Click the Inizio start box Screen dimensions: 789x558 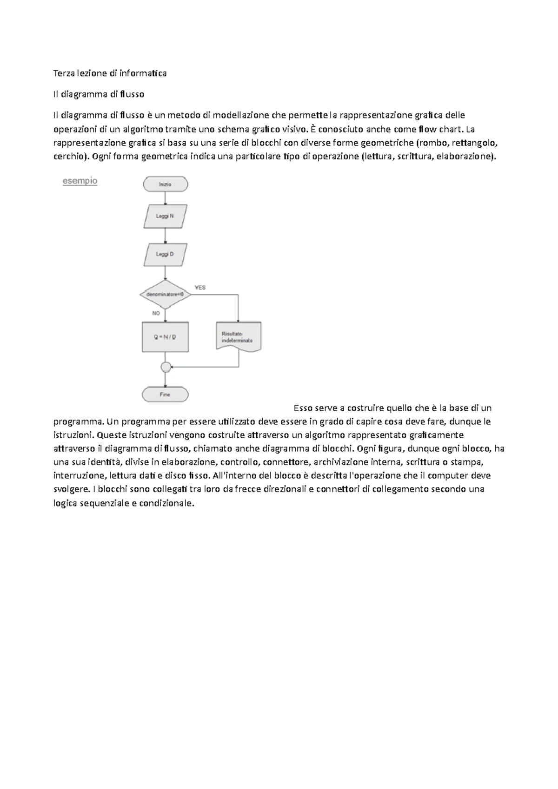point(165,184)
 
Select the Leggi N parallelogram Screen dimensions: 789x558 point(165,216)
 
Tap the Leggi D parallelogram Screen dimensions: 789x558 point(165,254)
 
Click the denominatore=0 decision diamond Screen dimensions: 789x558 point(165,294)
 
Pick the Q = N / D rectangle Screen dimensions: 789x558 point(165,337)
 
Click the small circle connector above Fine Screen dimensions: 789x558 point(166,367)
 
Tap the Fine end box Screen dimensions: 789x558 point(165,394)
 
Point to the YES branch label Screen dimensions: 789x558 point(200,288)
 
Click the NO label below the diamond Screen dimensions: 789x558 point(156,313)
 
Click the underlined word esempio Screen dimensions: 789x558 point(80,181)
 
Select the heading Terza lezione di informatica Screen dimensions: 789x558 point(110,73)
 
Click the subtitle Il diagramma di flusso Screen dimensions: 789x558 point(99,94)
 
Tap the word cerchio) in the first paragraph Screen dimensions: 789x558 point(72,156)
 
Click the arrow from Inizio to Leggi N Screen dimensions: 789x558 point(166,198)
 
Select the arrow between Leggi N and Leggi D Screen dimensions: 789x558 point(166,236)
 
